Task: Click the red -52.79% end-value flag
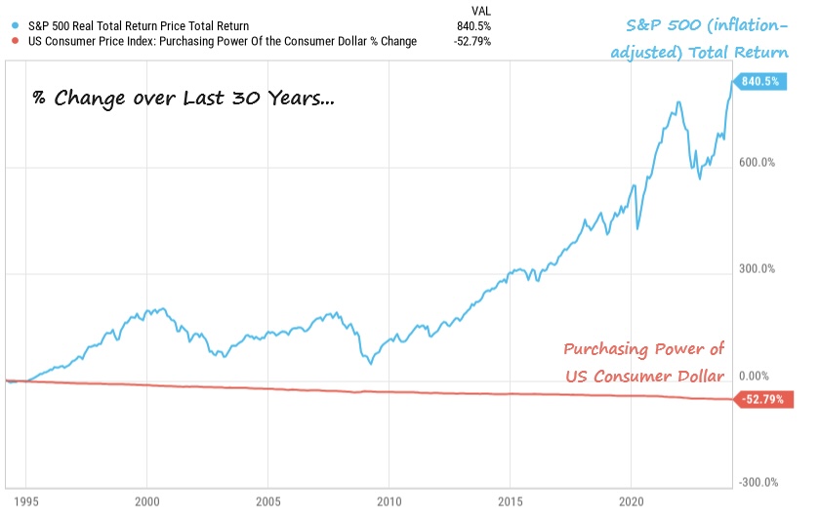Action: [x=761, y=399]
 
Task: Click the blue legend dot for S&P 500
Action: [x=10, y=25]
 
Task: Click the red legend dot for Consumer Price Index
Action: [x=10, y=41]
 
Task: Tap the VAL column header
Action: [x=480, y=10]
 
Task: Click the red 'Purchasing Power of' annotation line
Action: [x=644, y=350]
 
